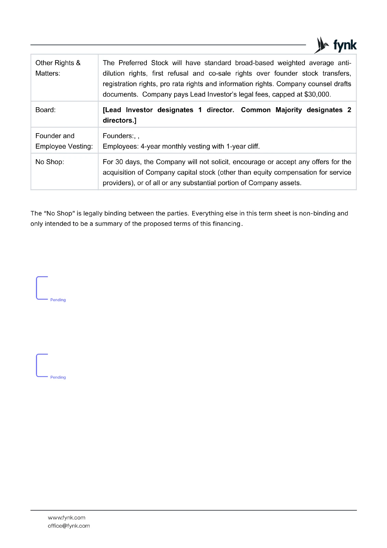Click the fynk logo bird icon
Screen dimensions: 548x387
click(x=321, y=45)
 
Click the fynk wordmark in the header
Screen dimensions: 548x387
click(x=345, y=45)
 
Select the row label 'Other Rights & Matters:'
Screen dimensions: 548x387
click(x=58, y=68)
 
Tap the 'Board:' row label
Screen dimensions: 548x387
click(x=46, y=110)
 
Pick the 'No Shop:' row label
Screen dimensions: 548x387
click(x=50, y=162)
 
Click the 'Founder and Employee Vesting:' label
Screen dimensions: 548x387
click(x=64, y=141)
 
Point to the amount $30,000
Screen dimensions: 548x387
click(x=317, y=95)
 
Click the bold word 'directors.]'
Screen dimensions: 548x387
click(x=119, y=121)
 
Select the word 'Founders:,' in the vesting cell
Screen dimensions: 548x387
click(x=119, y=136)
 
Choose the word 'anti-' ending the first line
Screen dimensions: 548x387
click(x=344, y=63)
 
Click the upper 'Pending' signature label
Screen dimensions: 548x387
click(x=58, y=300)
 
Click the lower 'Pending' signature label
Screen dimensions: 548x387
click(x=58, y=377)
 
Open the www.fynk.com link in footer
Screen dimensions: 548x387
click(x=66, y=518)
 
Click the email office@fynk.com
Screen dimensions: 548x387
click(x=69, y=526)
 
